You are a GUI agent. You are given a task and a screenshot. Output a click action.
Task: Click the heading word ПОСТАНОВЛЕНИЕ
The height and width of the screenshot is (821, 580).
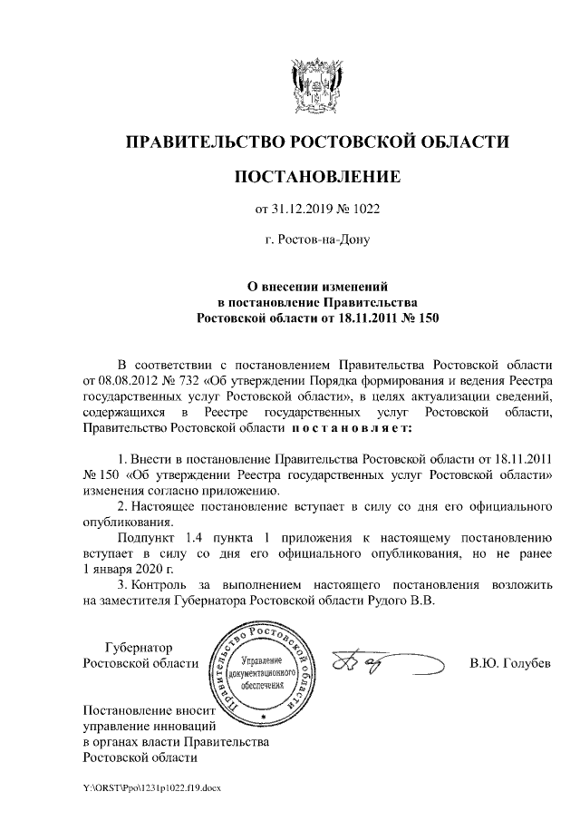(316, 174)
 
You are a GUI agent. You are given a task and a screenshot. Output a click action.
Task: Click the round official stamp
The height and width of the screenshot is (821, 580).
(266, 675)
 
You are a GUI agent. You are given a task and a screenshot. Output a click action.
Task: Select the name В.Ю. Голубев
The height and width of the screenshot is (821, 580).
(510, 662)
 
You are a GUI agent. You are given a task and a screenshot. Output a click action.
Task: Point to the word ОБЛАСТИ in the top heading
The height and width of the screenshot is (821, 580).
(464, 142)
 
